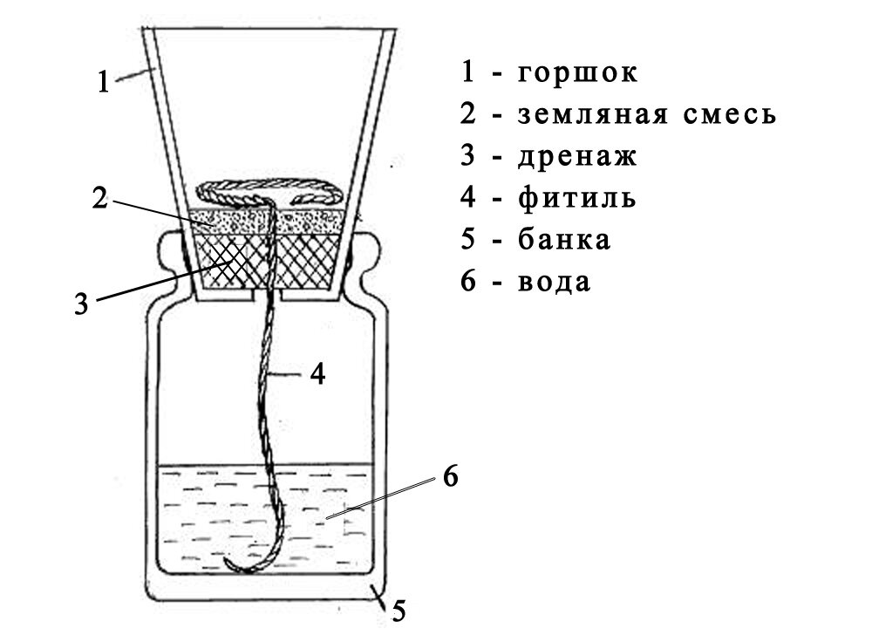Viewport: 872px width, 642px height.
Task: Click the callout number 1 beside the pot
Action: [x=103, y=82]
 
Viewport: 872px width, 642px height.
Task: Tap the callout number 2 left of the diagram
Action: [x=101, y=199]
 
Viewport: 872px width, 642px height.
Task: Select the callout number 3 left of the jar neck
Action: [x=81, y=304]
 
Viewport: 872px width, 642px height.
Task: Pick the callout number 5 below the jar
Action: [x=399, y=611]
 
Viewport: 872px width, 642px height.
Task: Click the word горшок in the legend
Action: [x=577, y=72]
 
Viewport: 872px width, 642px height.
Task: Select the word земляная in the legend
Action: [x=593, y=114]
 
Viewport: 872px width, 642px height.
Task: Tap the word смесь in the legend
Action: [x=730, y=114]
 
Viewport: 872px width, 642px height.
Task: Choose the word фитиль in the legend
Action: [x=576, y=198]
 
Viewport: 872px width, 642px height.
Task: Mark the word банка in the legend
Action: [x=564, y=240]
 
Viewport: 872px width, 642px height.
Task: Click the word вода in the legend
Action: [x=554, y=282]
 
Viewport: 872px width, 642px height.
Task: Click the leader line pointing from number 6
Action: [x=384, y=498]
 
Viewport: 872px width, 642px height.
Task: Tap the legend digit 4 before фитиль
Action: [x=468, y=198]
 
